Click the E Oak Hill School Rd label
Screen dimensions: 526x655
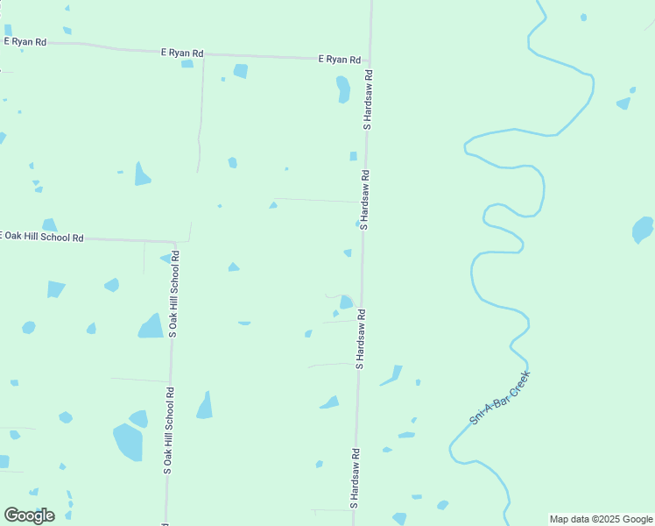[x=42, y=237]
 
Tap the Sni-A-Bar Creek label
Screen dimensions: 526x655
[x=500, y=398]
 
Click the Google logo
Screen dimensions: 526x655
[x=29, y=515]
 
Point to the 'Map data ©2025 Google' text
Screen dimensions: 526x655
[x=601, y=519]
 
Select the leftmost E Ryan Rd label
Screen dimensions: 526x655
[x=25, y=41]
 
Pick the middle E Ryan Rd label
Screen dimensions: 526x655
[x=182, y=53]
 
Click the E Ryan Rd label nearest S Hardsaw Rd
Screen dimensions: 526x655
[x=339, y=59]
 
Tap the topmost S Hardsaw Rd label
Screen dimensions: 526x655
[x=369, y=101]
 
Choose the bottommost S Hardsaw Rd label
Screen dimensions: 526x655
[x=356, y=479]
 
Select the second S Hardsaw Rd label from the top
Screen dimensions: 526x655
[x=364, y=200]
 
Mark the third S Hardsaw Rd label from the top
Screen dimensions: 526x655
[x=360, y=338]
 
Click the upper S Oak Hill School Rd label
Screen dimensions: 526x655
[x=174, y=294]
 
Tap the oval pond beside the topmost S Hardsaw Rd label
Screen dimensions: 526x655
[x=343, y=89]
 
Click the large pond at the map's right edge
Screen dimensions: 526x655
[x=643, y=230]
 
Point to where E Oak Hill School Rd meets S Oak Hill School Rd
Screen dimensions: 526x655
[x=176, y=241]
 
